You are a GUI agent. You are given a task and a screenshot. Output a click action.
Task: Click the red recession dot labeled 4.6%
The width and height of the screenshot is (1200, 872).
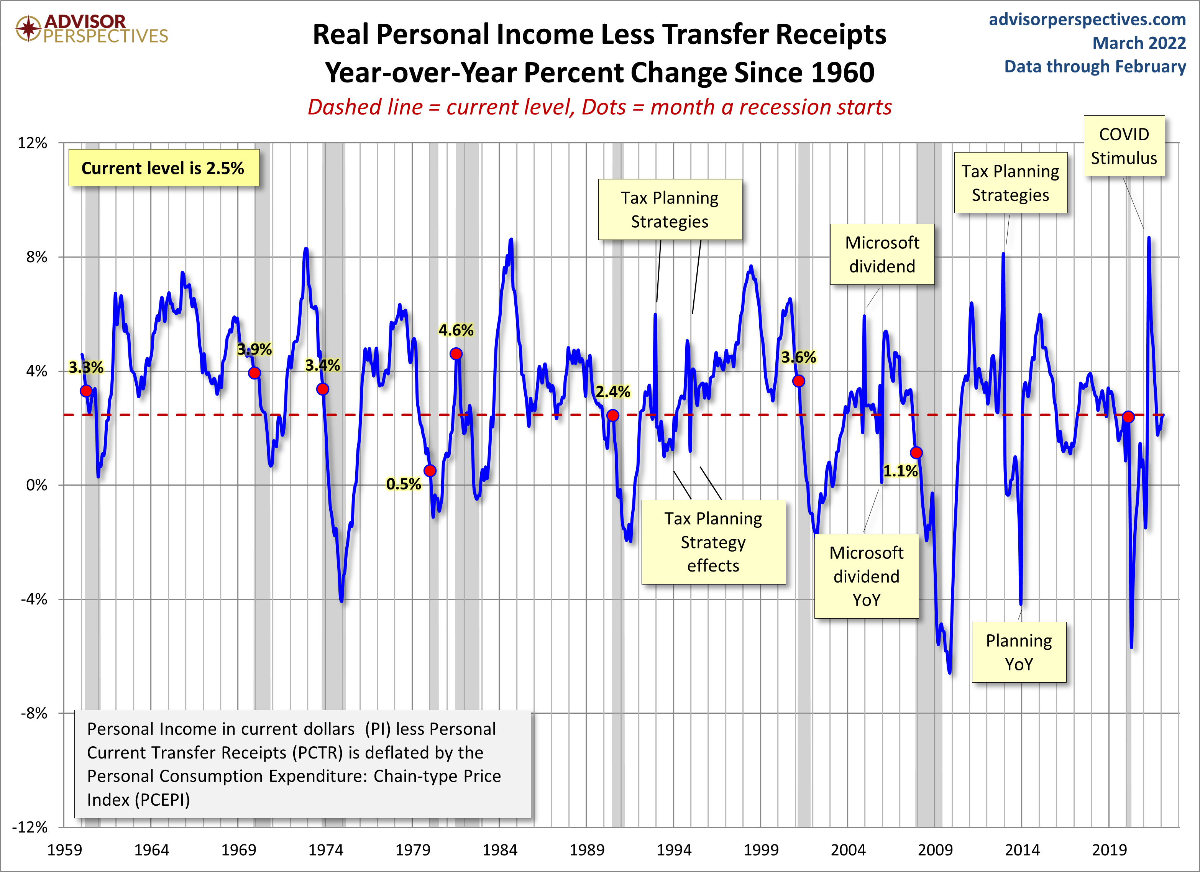(x=456, y=353)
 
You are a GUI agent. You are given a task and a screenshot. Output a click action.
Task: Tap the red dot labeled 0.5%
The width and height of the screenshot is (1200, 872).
(x=430, y=470)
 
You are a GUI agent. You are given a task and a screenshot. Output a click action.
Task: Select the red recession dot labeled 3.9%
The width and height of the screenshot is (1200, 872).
(x=254, y=373)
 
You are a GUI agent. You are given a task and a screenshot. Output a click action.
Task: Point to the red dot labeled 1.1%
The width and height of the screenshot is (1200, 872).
(x=916, y=452)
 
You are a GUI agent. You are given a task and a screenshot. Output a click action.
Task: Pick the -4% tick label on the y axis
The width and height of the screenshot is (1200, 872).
(x=34, y=599)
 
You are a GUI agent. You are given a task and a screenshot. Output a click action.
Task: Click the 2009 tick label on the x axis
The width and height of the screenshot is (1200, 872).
(x=935, y=850)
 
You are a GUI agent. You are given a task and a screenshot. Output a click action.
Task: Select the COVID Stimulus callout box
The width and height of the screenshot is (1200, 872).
(x=1124, y=146)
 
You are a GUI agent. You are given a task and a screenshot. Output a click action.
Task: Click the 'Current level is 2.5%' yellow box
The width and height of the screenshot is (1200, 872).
(x=164, y=168)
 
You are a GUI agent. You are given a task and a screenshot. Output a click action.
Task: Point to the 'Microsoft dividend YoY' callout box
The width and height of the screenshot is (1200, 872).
(x=866, y=576)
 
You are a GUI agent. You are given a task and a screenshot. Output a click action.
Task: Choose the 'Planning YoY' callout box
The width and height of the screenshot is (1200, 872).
(x=1018, y=652)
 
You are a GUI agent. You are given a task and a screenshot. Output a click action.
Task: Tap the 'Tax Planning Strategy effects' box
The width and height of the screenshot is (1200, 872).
(x=713, y=542)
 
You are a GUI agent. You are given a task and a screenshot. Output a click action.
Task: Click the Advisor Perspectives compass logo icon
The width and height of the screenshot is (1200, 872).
(x=28, y=28)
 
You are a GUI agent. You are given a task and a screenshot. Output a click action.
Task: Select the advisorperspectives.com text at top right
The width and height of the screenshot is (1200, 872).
(x=1087, y=19)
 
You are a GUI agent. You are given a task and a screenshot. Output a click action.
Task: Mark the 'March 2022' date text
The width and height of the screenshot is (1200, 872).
(x=1139, y=43)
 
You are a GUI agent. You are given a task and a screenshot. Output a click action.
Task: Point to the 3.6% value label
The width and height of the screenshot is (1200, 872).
(x=798, y=357)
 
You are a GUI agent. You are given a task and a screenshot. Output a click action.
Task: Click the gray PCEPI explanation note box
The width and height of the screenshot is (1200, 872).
(x=303, y=764)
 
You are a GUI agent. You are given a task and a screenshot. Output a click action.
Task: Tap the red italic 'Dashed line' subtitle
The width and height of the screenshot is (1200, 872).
(x=365, y=107)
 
